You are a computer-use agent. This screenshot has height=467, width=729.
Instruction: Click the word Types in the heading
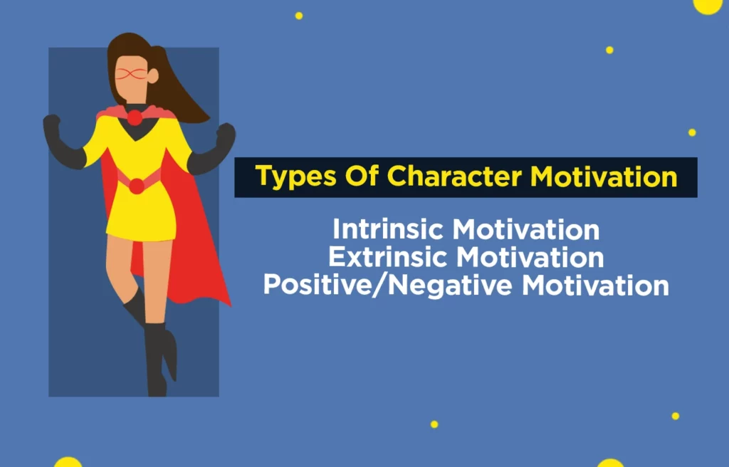293,177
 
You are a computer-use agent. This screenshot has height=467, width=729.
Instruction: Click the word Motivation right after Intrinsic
526,229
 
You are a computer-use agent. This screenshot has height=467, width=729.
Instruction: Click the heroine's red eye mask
132,73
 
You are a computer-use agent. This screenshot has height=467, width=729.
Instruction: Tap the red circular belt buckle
135,184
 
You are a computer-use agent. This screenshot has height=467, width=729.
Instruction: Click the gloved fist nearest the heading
226,133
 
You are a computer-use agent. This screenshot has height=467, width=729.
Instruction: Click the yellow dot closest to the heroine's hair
299,16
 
